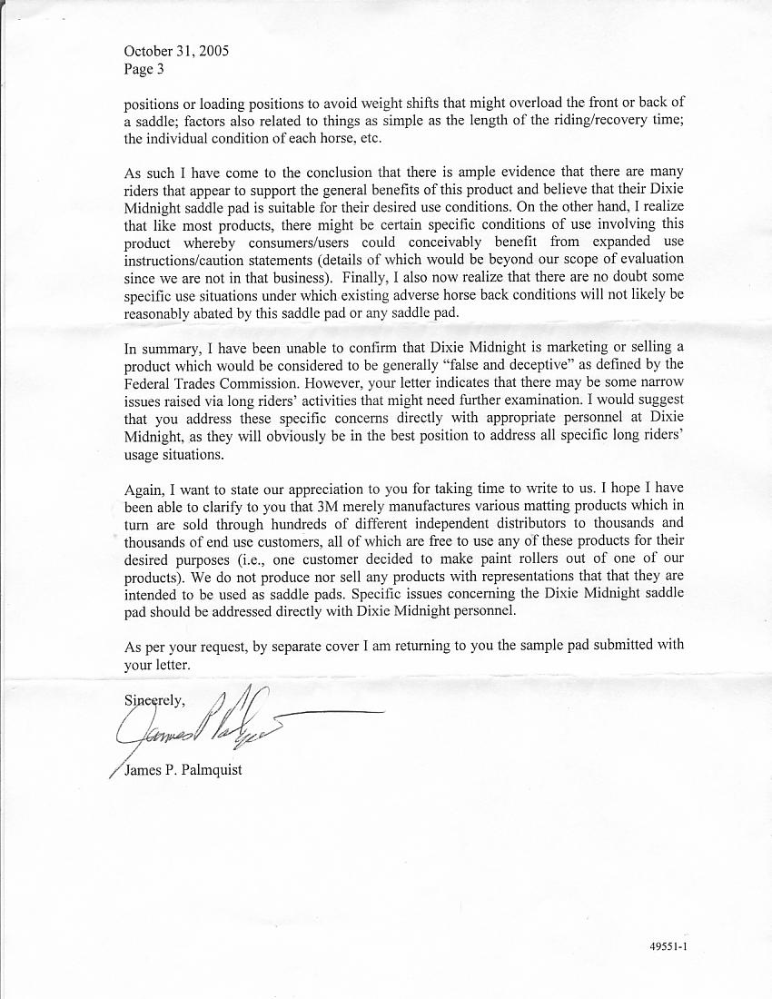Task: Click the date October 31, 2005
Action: [176, 51]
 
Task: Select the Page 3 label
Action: [144, 68]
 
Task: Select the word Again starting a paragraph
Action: [144, 488]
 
